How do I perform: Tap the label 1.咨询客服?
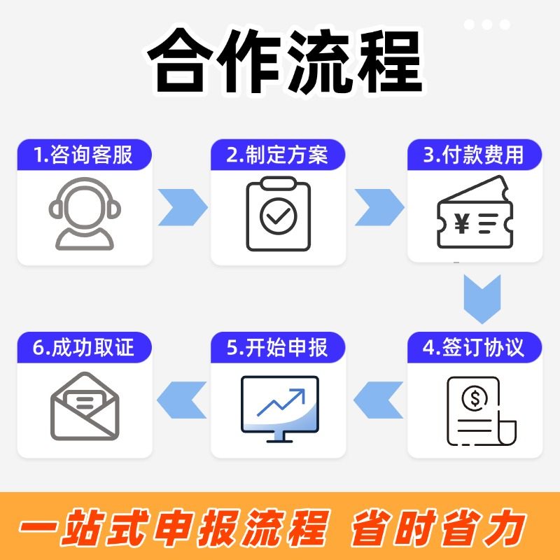pos(84,155)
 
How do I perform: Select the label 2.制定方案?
pos(278,155)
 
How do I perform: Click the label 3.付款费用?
pos(475,155)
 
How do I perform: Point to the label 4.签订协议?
pos(475,347)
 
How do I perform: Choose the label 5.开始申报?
pos(278,347)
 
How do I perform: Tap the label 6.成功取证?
pos(84,347)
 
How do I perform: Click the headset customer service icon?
pos(84,213)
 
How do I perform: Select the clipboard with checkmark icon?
pos(278,214)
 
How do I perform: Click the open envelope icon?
pos(85,406)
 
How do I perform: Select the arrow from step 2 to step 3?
pos(378,207)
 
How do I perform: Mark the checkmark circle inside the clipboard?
pos(278,218)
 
